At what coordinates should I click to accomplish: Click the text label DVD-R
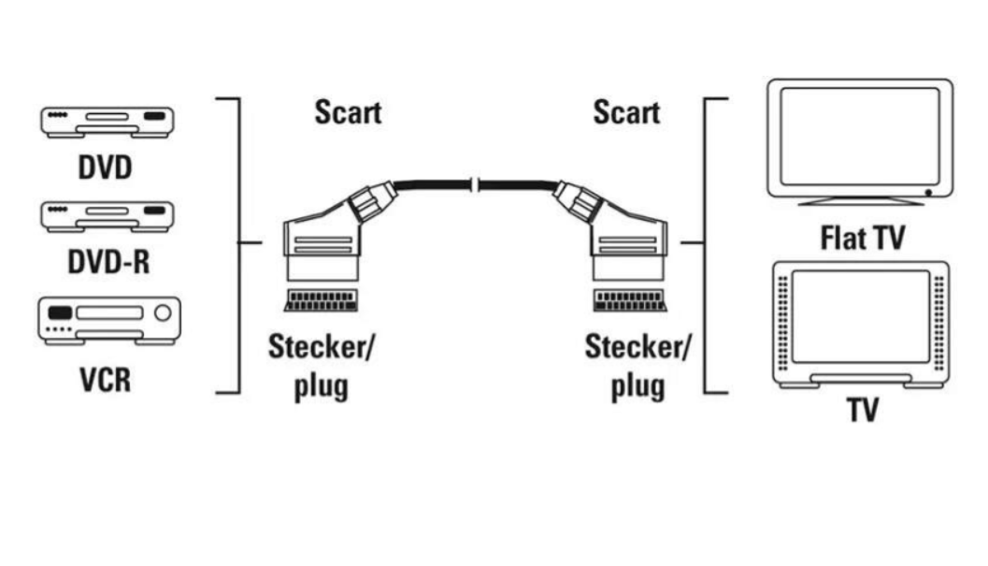107,263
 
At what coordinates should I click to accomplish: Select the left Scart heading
348,114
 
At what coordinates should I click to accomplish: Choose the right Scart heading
626,113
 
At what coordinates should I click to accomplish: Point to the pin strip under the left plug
318,301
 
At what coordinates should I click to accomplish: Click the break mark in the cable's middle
476,187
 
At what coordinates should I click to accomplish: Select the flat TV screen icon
860,140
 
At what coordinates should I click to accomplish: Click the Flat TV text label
862,238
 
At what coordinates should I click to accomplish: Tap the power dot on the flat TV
926,192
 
